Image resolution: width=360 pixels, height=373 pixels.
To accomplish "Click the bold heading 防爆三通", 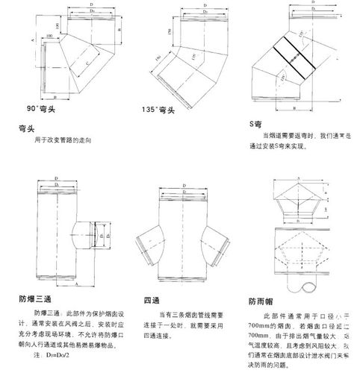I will coord(34,300).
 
